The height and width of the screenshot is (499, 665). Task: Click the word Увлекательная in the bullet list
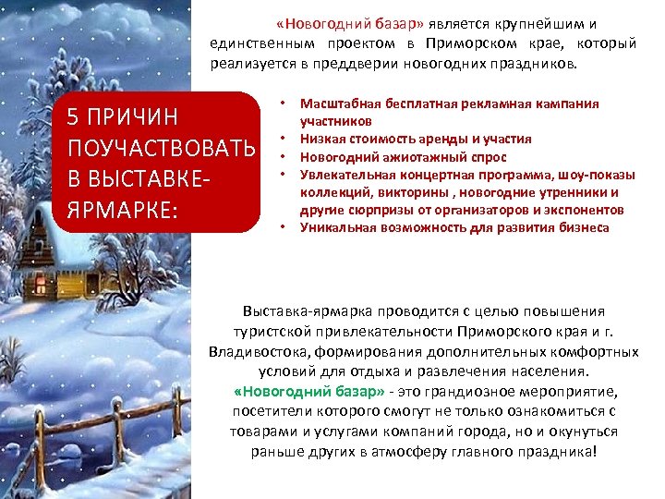[x=347, y=174]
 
